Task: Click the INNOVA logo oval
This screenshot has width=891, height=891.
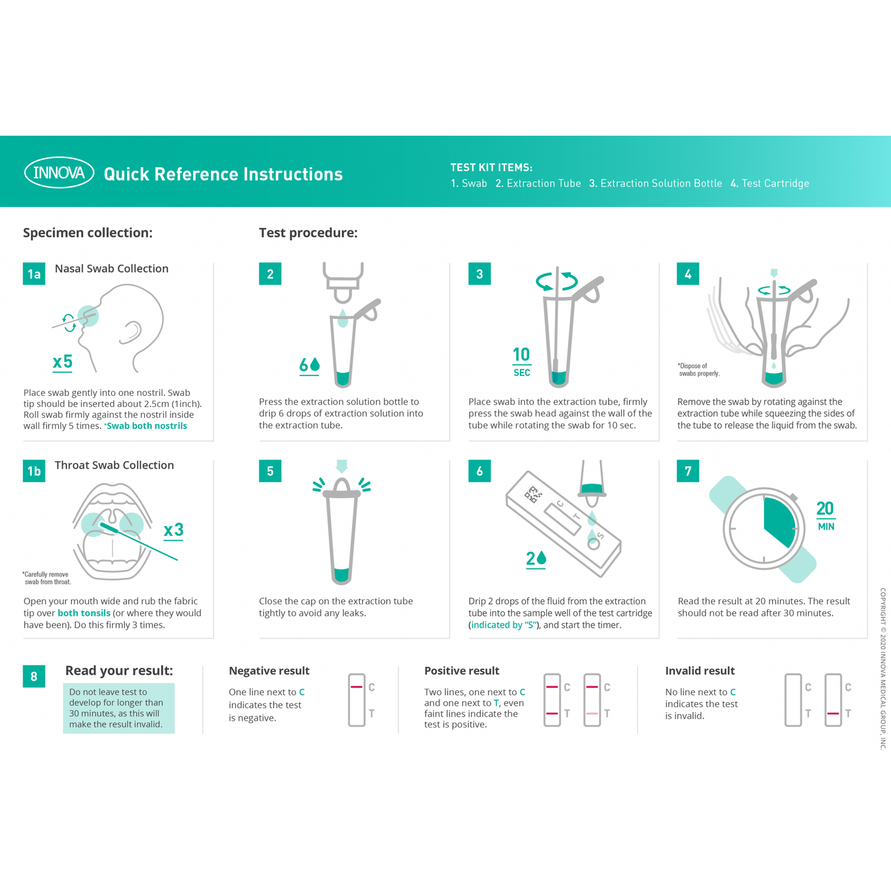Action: tap(59, 173)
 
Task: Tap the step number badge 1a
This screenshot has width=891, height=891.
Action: tap(34, 274)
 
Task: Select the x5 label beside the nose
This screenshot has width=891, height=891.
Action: tap(63, 362)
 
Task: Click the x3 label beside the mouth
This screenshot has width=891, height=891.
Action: tap(174, 530)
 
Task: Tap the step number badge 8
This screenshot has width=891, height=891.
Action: tap(34, 676)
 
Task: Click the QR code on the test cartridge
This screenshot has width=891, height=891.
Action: tap(533, 495)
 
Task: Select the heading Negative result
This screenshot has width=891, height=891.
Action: tap(269, 671)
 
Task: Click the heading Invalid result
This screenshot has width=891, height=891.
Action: tap(700, 671)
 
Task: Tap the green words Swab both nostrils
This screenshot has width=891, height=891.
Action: tap(147, 426)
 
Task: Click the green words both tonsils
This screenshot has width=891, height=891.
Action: tap(84, 613)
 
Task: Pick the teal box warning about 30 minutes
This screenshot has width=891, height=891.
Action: tap(118, 708)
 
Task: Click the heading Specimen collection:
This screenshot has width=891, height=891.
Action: tap(88, 232)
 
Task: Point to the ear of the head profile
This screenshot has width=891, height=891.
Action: tap(131, 332)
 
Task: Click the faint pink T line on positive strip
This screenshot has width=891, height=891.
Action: tap(592, 713)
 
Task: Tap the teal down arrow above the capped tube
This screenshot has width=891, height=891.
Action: tap(342, 466)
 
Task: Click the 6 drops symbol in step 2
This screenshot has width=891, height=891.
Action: tap(310, 366)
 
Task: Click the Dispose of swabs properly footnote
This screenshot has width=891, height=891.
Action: tap(698, 369)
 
